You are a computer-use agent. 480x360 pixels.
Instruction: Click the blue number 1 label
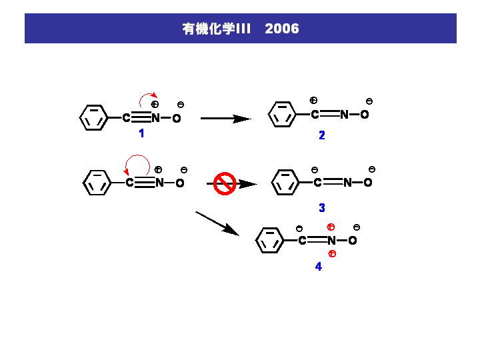point(141,133)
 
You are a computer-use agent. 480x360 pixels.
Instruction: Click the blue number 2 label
point(322,135)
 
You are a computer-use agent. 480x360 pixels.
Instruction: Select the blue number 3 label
point(322,208)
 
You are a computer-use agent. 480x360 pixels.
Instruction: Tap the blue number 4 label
point(318,267)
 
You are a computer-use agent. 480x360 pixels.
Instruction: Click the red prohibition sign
point(225,183)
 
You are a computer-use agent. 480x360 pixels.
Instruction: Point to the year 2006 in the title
point(282,29)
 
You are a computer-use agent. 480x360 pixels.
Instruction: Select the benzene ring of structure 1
point(93,118)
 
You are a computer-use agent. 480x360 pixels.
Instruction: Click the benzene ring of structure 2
point(282,115)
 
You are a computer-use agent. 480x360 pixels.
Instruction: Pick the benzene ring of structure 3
point(286,182)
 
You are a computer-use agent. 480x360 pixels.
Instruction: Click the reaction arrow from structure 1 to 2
point(225,119)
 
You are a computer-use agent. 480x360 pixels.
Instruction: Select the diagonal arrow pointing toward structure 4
point(217,223)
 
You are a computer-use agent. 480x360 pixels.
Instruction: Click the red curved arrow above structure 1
point(149,99)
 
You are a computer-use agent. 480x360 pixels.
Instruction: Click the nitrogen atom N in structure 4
point(331,241)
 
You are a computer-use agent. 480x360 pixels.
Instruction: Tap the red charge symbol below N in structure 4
point(332,254)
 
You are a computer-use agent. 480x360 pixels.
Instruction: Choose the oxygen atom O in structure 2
point(365,115)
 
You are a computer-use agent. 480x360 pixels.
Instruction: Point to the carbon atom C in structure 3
point(317,183)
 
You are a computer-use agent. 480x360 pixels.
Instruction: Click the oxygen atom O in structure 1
point(177,119)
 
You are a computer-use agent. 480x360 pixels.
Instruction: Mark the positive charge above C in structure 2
point(313,101)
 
